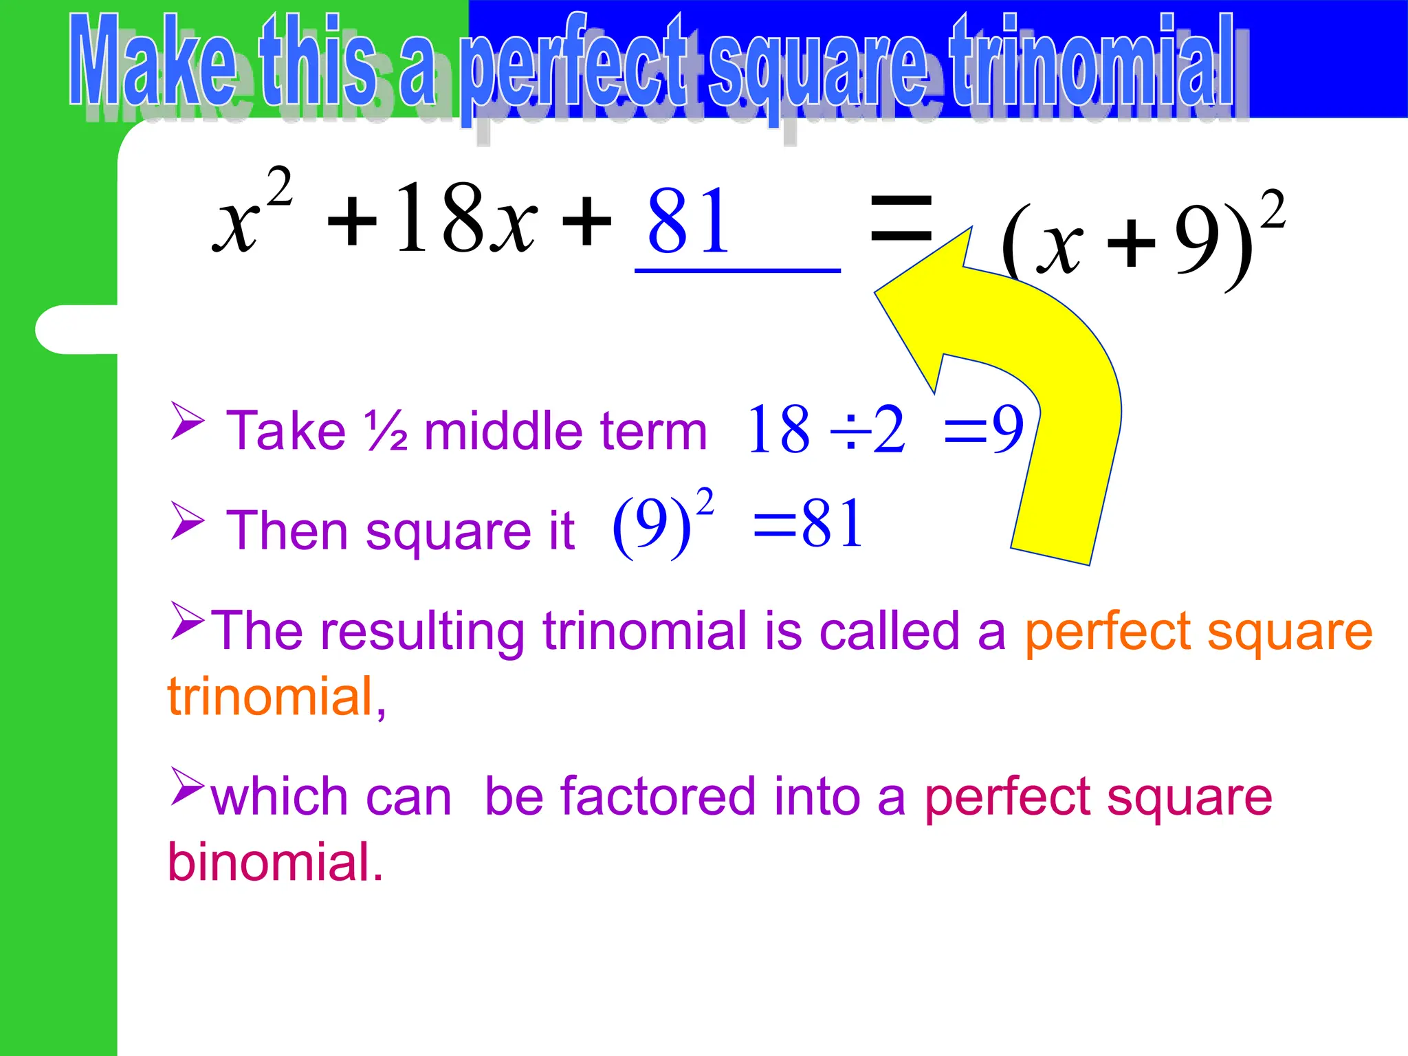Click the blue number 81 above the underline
click(688, 222)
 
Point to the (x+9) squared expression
click(1141, 241)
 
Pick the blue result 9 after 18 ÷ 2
click(1008, 429)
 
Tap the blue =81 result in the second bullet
click(808, 524)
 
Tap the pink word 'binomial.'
click(275, 862)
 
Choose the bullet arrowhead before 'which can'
click(187, 786)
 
